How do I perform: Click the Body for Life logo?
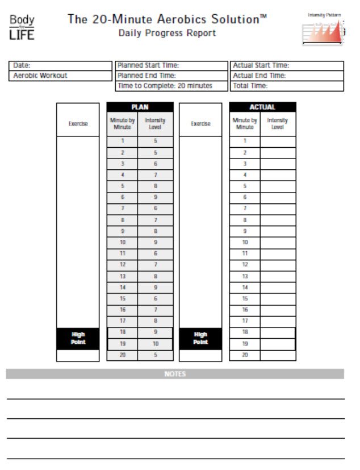[22, 27]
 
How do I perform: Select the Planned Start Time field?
[171, 66]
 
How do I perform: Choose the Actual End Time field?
[287, 76]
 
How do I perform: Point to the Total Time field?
[287, 86]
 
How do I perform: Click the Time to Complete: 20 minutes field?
[171, 86]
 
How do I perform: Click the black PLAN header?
[140, 107]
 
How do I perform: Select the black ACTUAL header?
[262, 107]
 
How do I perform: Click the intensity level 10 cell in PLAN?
[155, 344]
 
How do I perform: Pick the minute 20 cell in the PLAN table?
[123, 355]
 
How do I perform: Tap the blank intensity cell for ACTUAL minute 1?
[278, 141]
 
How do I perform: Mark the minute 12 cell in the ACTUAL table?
[245, 265]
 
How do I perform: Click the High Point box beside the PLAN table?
[78, 338]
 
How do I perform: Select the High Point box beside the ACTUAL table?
[200, 338]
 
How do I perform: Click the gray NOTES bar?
[175, 374]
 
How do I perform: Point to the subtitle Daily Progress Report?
[167, 34]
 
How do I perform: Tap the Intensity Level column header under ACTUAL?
[278, 123]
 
